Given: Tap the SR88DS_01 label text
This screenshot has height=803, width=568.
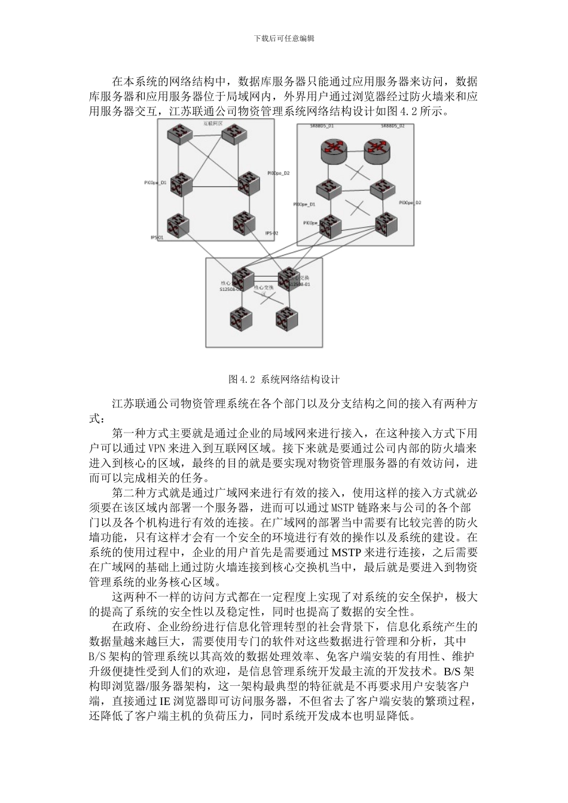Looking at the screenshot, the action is pos(322,127).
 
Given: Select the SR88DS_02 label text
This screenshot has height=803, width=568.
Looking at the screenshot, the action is pos(393,127).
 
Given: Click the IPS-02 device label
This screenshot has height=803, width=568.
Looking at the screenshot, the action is pos(271,234).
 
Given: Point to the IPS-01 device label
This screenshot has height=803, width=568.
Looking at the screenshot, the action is pos(157,237).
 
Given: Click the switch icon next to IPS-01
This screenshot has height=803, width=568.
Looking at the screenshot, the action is pos(179,225).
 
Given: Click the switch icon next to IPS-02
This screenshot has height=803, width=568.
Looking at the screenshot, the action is pos(245,224).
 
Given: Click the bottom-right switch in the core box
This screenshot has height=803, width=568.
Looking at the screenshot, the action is pos(286,318).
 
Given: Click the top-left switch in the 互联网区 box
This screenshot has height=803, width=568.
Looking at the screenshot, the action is pos(179,134).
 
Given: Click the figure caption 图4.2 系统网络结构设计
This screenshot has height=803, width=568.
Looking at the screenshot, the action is pos(284,379).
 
